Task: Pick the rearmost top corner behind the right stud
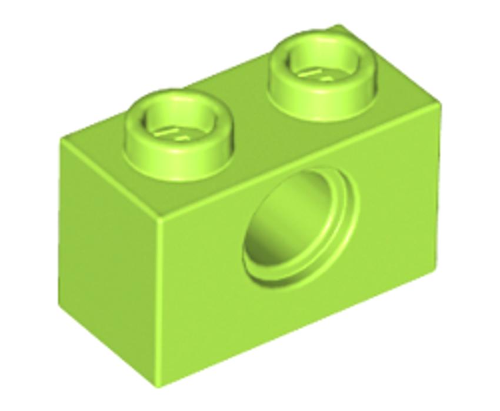(339, 26)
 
